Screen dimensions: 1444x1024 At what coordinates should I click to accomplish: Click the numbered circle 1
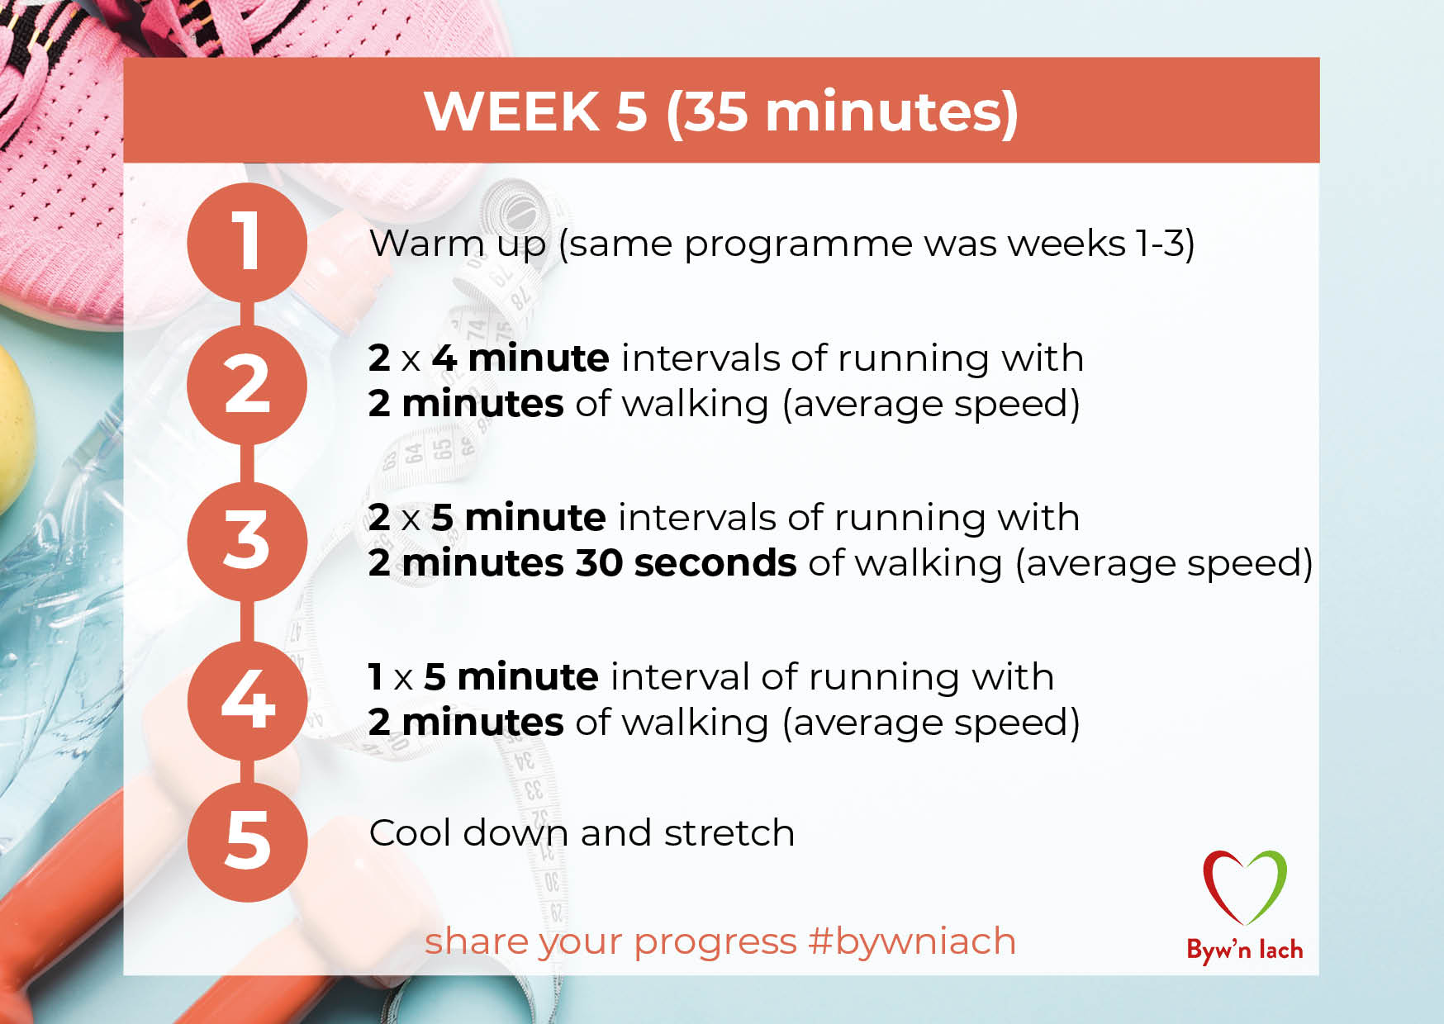(x=247, y=243)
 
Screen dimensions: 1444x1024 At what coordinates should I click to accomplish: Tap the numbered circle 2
(x=247, y=385)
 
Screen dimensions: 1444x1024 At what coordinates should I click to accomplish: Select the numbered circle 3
(x=247, y=542)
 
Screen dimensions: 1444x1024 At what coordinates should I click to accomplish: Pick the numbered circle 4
(x=247, y=700)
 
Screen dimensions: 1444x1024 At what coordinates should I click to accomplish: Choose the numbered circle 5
(x=247, y=841)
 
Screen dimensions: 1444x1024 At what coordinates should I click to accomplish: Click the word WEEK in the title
(x=512, y=111)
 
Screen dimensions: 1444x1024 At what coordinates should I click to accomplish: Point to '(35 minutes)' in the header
(x=842, y=113)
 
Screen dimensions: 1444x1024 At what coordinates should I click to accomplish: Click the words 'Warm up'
(x=458, y=244)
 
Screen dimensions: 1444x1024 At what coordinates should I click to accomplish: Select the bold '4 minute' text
(x=521, y=358)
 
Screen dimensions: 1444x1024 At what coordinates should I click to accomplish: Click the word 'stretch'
(x=729, y=832)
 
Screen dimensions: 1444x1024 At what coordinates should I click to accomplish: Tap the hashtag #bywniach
(x=912, y=941)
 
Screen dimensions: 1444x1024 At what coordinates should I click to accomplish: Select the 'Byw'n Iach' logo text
(x=1245, y=951)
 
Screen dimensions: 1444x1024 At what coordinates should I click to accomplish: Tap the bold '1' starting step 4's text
(x=376, y=677)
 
